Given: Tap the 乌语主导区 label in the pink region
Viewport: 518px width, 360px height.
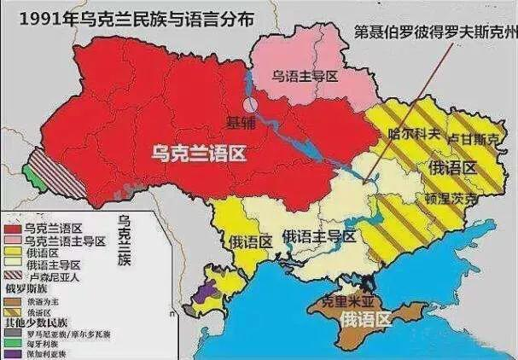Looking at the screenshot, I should point(305,76).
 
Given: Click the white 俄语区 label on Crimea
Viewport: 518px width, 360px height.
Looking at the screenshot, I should point(364,320).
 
